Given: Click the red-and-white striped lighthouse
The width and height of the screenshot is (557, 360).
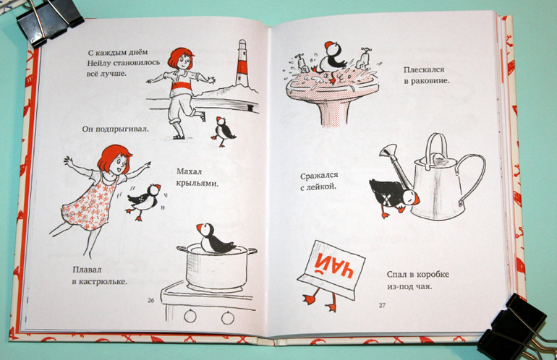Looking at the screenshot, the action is (242, 63).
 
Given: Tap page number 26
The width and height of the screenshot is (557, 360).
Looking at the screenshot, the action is (151, 300).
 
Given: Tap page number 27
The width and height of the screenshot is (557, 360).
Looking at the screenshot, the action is (382, 305).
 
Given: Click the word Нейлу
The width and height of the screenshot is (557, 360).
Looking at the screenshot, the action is (98, 63).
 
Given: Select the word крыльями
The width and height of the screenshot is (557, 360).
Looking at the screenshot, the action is (197, 184).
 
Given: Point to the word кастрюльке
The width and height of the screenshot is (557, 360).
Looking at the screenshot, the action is (104, 282).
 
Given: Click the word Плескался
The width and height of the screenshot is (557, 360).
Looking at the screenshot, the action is (424, 70).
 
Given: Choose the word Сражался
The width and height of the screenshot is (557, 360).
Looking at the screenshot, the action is (319, 176).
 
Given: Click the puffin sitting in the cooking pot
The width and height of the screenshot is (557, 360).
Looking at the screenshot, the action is (214, 239).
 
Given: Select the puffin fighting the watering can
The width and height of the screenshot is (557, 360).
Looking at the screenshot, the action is (393, 197).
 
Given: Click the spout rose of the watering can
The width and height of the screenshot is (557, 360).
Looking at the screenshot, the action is (388, 150).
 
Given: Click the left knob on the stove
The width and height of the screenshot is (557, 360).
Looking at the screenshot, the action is (190, 316).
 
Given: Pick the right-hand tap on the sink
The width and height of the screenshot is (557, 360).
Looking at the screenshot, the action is (364, 58).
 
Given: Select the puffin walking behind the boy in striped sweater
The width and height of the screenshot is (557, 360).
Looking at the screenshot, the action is (222, 132).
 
